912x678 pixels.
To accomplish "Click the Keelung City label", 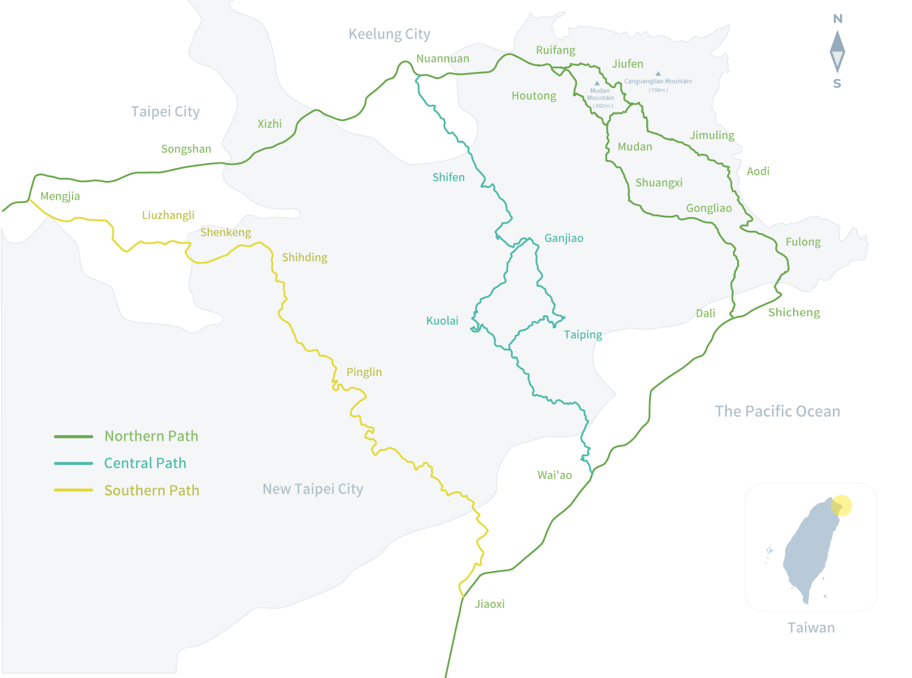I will tap(389, 34).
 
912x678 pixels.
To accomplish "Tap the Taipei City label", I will tap(165, 112).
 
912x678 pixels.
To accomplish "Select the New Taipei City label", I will tap(313, 489).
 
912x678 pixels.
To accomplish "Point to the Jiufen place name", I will tap(628, 64).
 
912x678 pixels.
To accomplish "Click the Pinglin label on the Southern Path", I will tap(364, 372).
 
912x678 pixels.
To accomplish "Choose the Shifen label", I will tap(449, 177).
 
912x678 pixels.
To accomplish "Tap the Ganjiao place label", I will tap(564, 238).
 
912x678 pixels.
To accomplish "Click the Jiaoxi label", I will tap(490, 604).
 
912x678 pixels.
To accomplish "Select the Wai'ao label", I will tap(554, 475).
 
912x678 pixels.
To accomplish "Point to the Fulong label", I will tap(803, 242).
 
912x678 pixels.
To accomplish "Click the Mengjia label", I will tap(60, 196).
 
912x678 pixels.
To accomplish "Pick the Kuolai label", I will tap(442, 321).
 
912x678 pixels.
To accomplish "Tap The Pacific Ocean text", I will tap(778, 412).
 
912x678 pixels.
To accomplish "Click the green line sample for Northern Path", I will tap(74, 437).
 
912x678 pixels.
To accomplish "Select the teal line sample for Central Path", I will tap(74, 463).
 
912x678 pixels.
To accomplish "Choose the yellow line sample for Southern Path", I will tap(74, 490).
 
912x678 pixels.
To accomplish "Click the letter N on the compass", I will tap(838, 19).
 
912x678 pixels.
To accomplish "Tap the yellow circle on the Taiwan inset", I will tap(842, 506).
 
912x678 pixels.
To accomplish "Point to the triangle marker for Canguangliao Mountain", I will tap(658, 74).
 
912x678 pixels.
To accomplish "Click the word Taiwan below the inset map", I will tap(811, 628).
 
